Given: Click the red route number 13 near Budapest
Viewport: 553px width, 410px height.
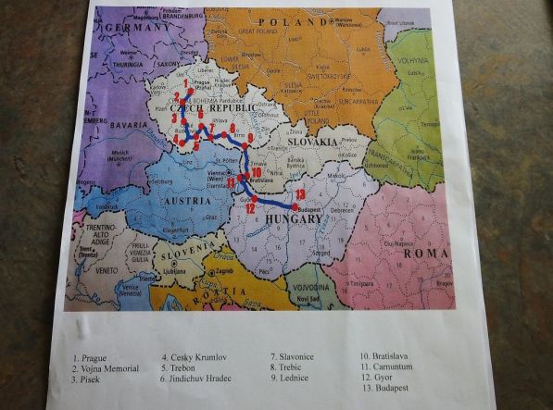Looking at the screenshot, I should pyautogui.click(x=299, y=193).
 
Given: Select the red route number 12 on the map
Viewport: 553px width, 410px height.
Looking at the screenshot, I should pyautogui.click(x=249, y=209).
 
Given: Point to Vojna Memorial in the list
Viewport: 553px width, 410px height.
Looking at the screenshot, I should pyautogui.click(x=110, y=367).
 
